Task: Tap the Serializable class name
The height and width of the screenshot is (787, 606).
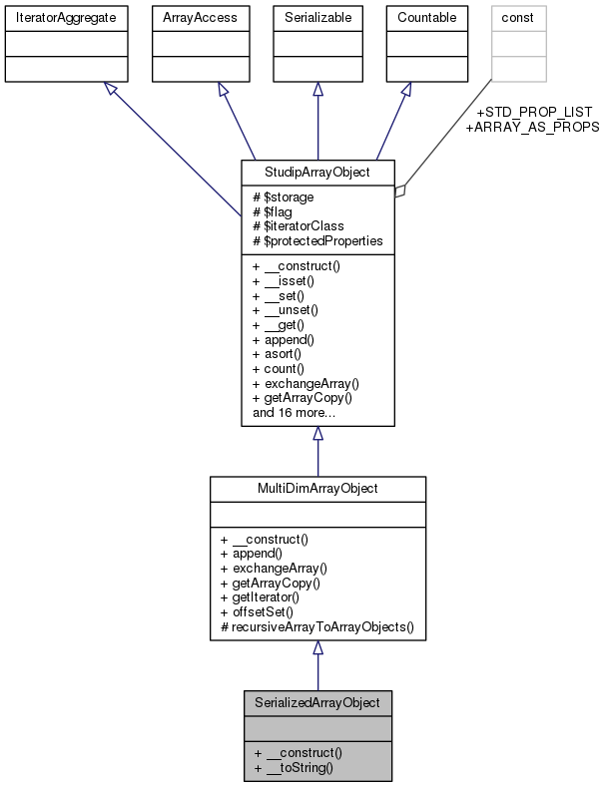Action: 317,17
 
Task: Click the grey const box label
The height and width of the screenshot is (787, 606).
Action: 517,17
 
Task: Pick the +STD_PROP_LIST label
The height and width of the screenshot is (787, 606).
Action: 534,111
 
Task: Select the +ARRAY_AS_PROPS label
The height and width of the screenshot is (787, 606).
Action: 532,127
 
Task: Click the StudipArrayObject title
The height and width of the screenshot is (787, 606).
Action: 317,172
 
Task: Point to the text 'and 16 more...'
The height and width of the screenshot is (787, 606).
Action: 297,411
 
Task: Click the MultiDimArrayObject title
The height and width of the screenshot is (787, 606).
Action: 317,489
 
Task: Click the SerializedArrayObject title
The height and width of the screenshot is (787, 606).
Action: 317,702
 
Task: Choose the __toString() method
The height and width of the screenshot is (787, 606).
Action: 299,768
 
